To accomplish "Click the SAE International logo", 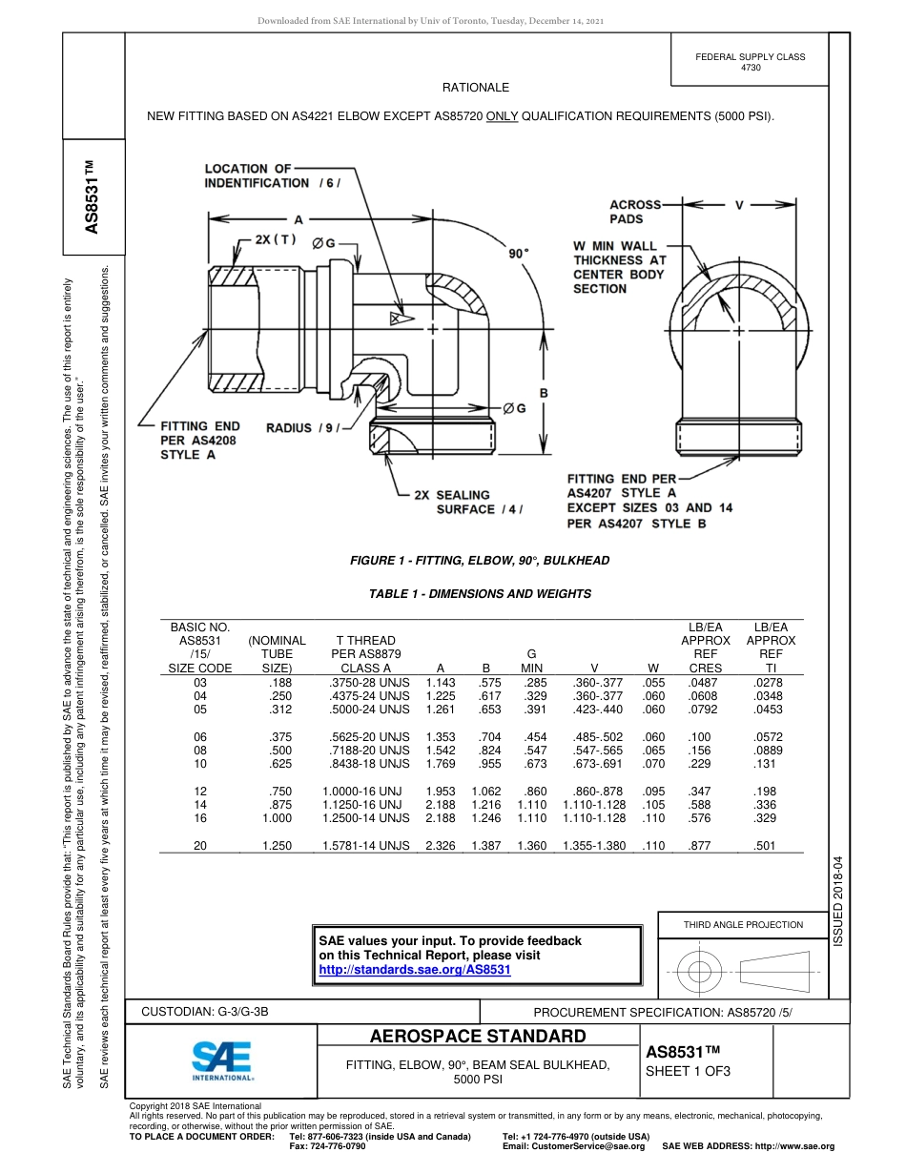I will pos(222,1059).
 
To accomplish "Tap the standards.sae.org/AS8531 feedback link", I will pos(415,970).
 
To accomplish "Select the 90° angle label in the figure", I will pos(518,254).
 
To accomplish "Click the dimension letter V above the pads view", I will pos(739,204).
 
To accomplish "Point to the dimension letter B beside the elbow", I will pos(544,392).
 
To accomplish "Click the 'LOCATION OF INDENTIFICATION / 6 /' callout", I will pos(272,175).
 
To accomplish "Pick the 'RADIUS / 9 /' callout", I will pos(303,428).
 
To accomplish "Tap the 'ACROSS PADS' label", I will pos(634,212).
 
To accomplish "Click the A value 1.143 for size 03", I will pos(440,683).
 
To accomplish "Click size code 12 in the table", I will pos(200,792).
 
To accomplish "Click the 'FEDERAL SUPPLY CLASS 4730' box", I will pos(751,62).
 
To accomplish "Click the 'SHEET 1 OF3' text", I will pos(689,1070).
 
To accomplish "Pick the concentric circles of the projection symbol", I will pos(700,972).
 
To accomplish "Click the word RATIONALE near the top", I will pos(476,87).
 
